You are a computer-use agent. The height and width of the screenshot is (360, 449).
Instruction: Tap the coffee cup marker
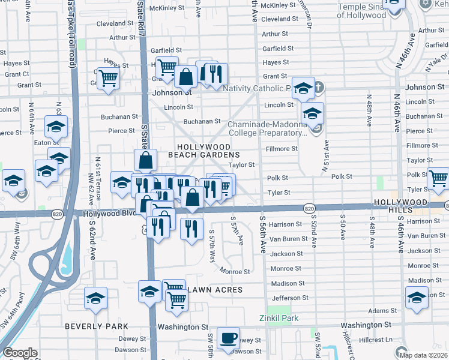[x=228, y=338]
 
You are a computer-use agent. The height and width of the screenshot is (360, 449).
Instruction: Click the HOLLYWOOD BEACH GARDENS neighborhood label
[x=203, y=151]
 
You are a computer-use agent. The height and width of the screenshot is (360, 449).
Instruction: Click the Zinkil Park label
[x=279, y=318]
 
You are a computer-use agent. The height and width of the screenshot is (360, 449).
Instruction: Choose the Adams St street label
[x=379, y=311]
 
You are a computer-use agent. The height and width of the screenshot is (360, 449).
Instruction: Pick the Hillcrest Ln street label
[x=376, y=340]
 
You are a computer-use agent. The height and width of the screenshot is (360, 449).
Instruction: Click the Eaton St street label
[x=41, y=143]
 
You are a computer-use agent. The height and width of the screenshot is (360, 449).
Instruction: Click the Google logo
[x=20, y=353]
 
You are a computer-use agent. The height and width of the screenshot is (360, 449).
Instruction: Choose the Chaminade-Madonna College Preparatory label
[x=268, y=128]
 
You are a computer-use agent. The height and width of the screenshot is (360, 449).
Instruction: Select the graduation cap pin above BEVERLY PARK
[x=95, y=298]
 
